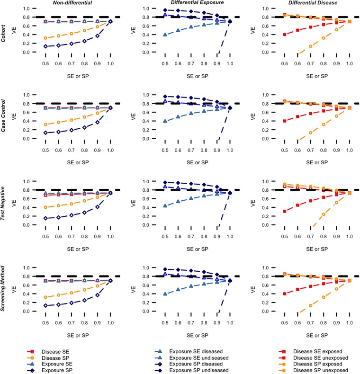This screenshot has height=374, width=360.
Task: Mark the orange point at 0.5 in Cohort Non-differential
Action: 45,38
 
